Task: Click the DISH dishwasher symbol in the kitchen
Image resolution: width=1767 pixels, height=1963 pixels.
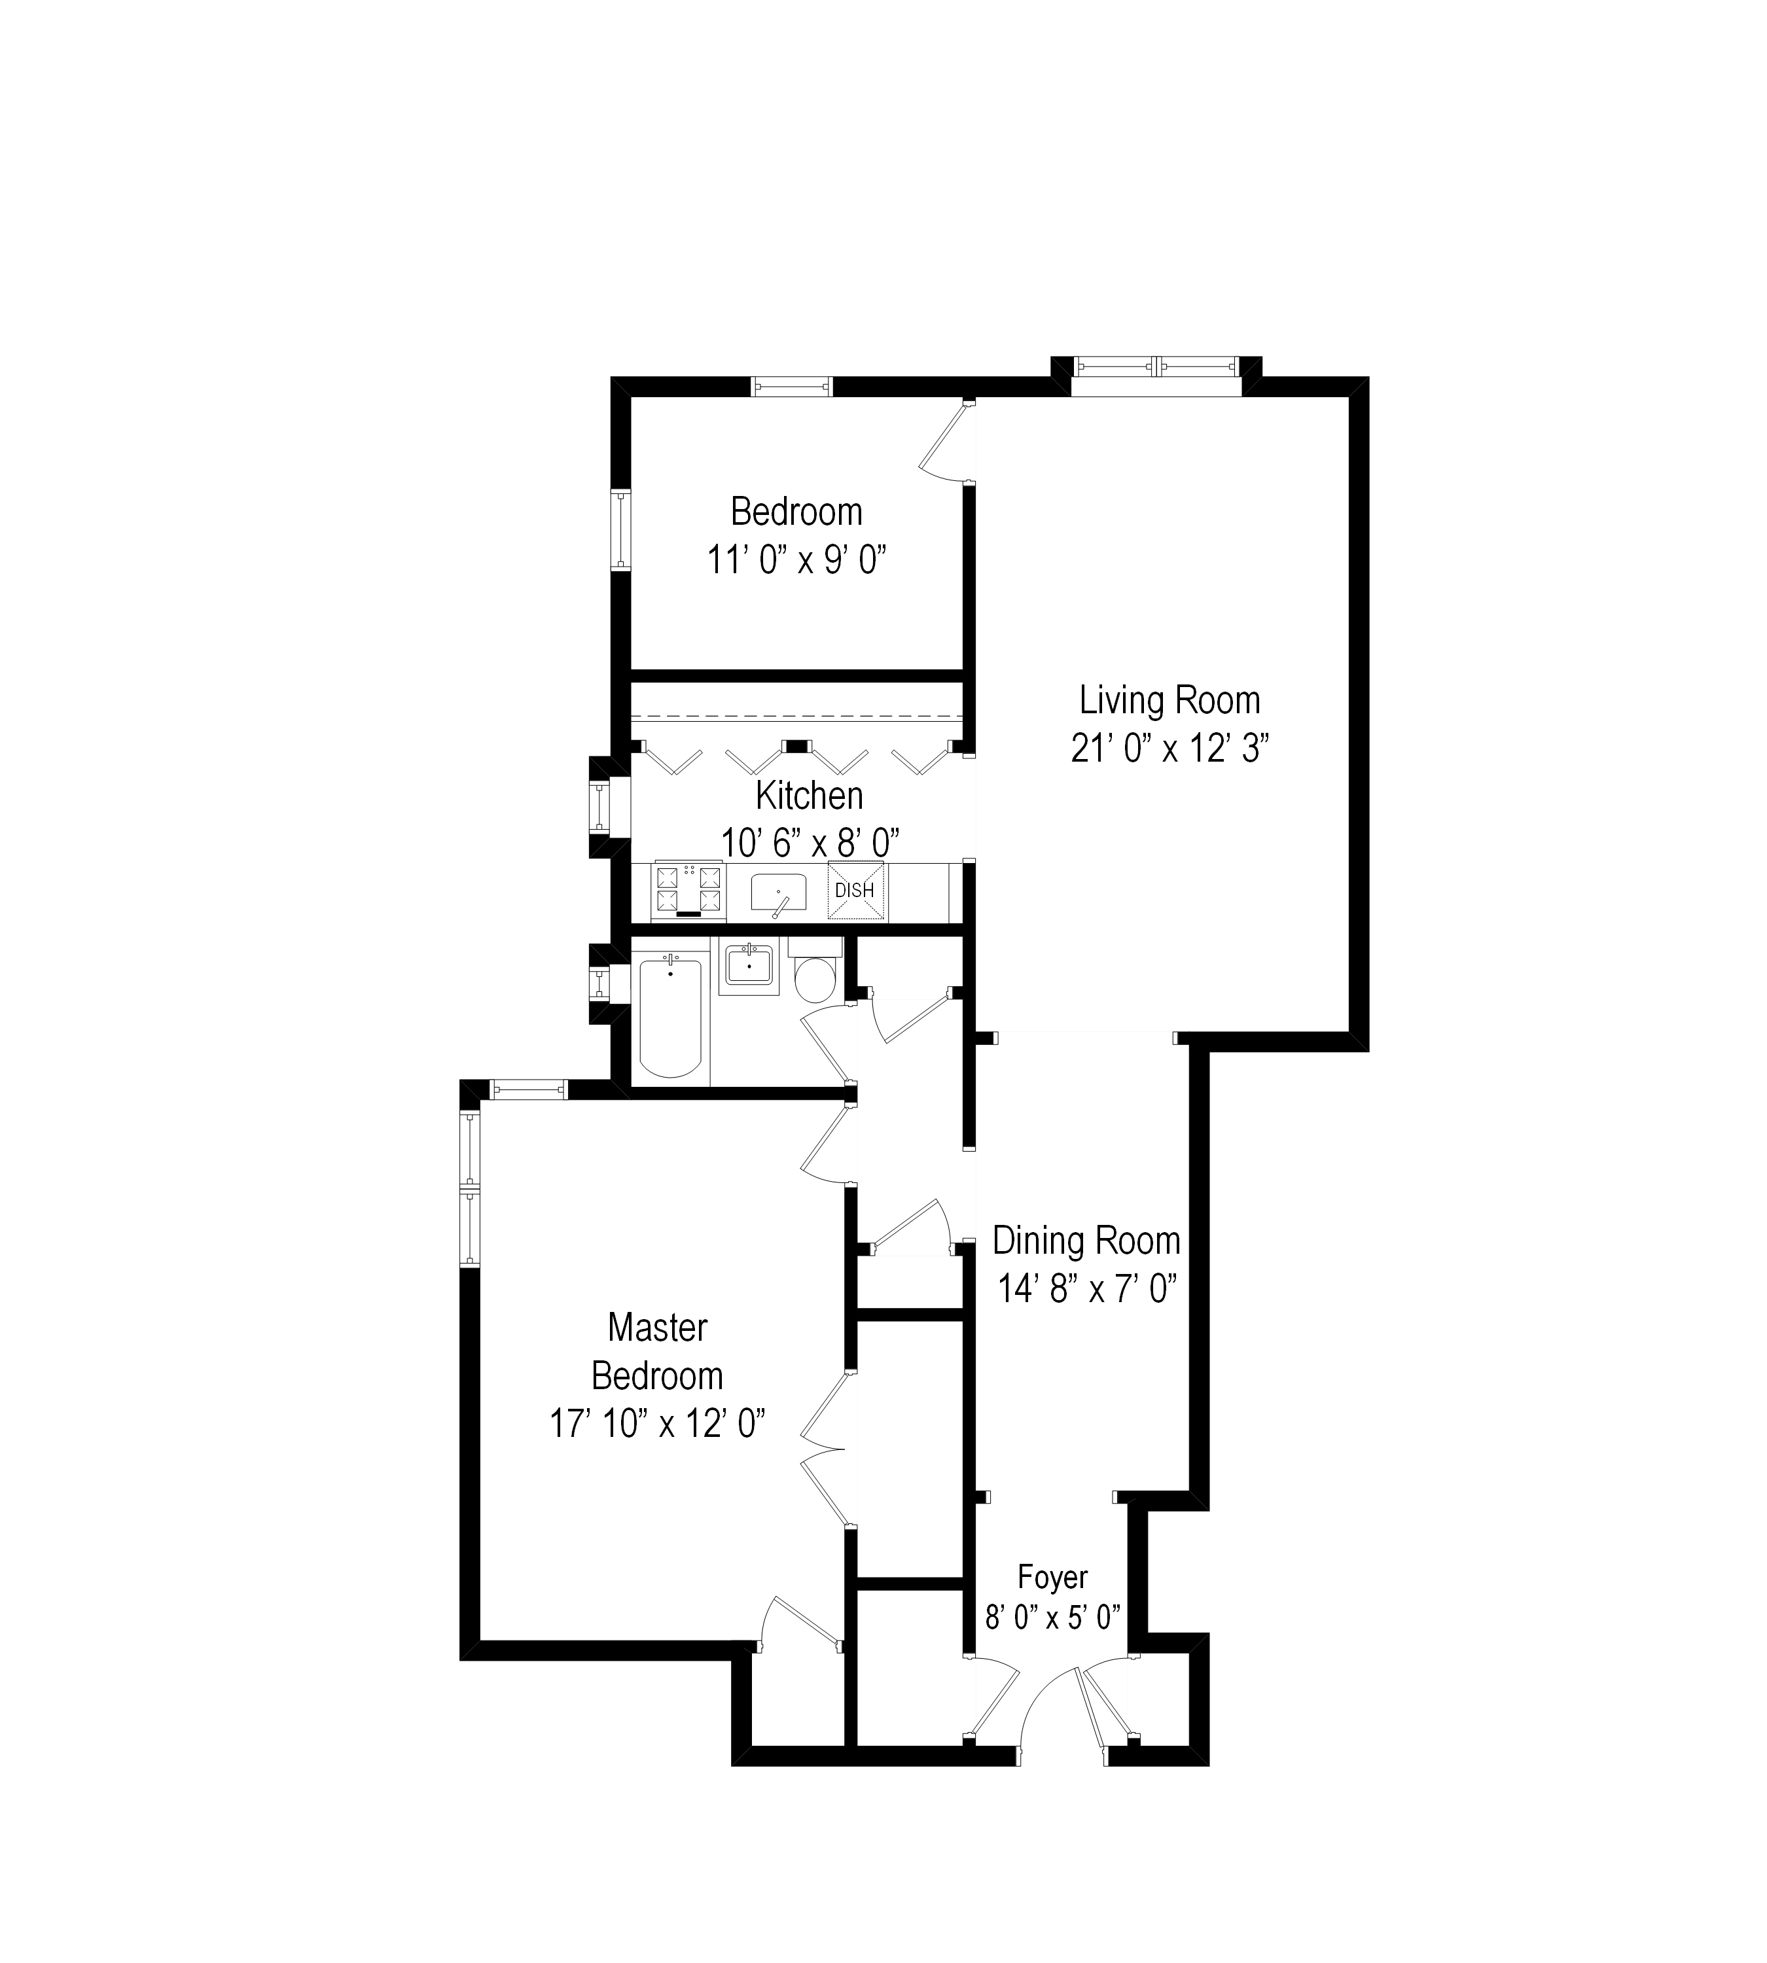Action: click(x=855, y=891)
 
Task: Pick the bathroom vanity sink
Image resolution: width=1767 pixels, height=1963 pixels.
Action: click(x=749, y=967)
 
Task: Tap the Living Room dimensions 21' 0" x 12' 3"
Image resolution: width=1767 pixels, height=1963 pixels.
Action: click(x=1170, y=749)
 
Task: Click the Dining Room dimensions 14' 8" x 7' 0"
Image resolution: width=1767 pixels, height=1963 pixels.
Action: click(x=1088, y=1289)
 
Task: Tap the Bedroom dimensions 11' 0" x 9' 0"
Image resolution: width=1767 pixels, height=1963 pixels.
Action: click(x=796, y=560)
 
